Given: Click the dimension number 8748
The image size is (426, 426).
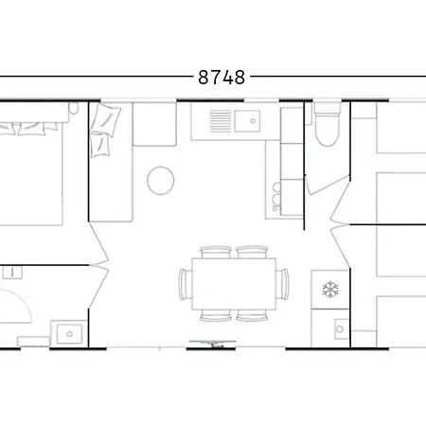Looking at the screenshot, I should (x=222, y=78).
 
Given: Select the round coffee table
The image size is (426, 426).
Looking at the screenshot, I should (x=162, y=180).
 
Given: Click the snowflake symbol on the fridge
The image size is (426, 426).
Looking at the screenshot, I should (x=330, y=290).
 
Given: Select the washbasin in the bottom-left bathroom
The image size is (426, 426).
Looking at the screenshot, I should (x=66, y=332).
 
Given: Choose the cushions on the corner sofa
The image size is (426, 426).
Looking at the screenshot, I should (x=103, y=131).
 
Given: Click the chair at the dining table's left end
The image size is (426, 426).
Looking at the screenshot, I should (x=185, y=283).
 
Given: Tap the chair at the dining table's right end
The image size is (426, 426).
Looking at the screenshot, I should (x=283, y=283).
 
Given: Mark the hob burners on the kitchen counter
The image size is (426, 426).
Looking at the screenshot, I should (x=276, y=180).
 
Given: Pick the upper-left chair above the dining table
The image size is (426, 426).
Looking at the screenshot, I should (x=217, y=252).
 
